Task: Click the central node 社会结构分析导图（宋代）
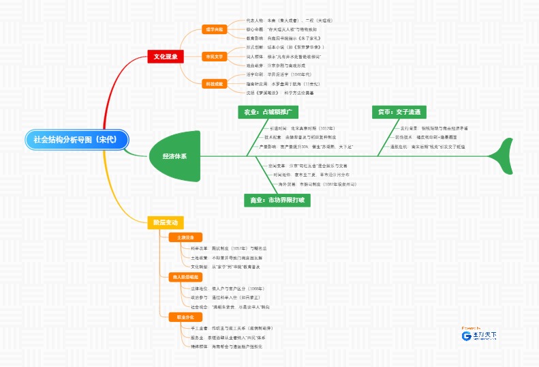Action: click(75, 138)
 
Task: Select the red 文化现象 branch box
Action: click(166, 57)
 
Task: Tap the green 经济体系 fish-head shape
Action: click(175, 156)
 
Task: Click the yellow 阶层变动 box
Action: click(165, 222)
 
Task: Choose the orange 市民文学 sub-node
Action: click(215, 57)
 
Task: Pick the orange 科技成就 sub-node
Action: click(215, 83)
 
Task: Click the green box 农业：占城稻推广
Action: click(267, 111)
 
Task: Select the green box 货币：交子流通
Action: click(400, 111)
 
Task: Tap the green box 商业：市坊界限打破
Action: click(277, 200)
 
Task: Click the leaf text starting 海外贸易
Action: click(307, 184)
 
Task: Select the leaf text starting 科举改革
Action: click(224, 248)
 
